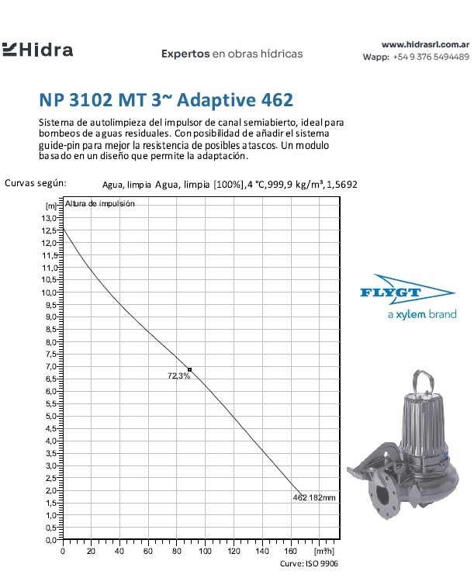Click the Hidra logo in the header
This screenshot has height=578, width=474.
point(38,50)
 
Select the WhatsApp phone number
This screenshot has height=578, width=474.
point(431,57)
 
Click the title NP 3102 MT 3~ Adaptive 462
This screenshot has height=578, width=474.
point(166,101)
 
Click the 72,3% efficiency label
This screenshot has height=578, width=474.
point(179,376)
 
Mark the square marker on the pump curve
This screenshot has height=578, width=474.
point(189,369)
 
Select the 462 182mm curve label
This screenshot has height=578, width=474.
point(313,497)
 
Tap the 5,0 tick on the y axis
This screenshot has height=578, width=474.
point(50,416)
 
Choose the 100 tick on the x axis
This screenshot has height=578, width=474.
point(206,551)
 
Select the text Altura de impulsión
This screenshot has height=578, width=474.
point(100,203)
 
